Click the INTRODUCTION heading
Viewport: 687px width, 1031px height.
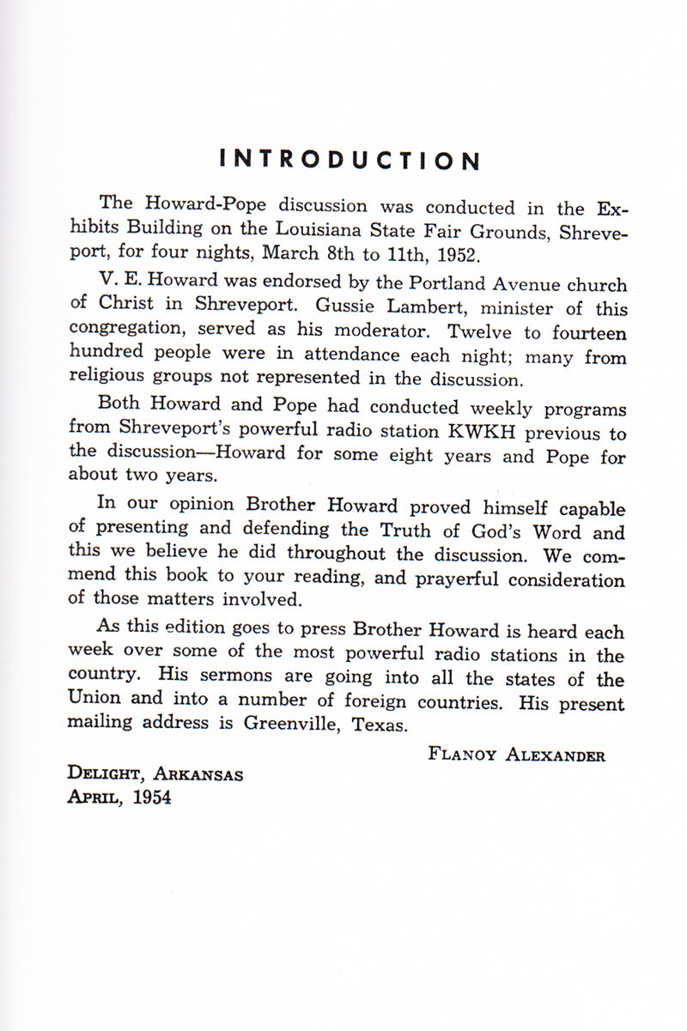point(350,161)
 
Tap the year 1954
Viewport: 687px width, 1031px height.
point(152,798)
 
